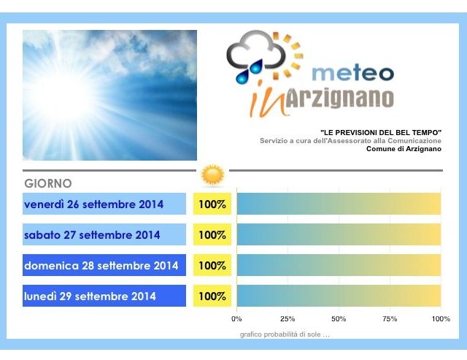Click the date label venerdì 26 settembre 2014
(94, 204)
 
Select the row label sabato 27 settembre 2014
(92, 235)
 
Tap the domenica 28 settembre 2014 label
(101, 266)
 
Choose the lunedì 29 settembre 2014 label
(90, 296)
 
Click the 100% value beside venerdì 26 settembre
(212, 204)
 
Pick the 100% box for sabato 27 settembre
(212, 235)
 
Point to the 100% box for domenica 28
(212, 266)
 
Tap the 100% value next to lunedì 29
(212, 296)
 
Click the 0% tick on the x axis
(236, 319)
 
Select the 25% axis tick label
(287, 319)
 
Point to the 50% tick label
(339, 319)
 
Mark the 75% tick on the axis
(390, 319)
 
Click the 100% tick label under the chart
(441, 319)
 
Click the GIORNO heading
(48, 183)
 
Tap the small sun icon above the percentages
(212, 175)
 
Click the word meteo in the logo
(353, 73)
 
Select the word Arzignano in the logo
(340, 99)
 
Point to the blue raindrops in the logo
(250, 72)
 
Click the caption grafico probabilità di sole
(285, 334)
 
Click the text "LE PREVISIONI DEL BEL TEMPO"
(381, 133)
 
